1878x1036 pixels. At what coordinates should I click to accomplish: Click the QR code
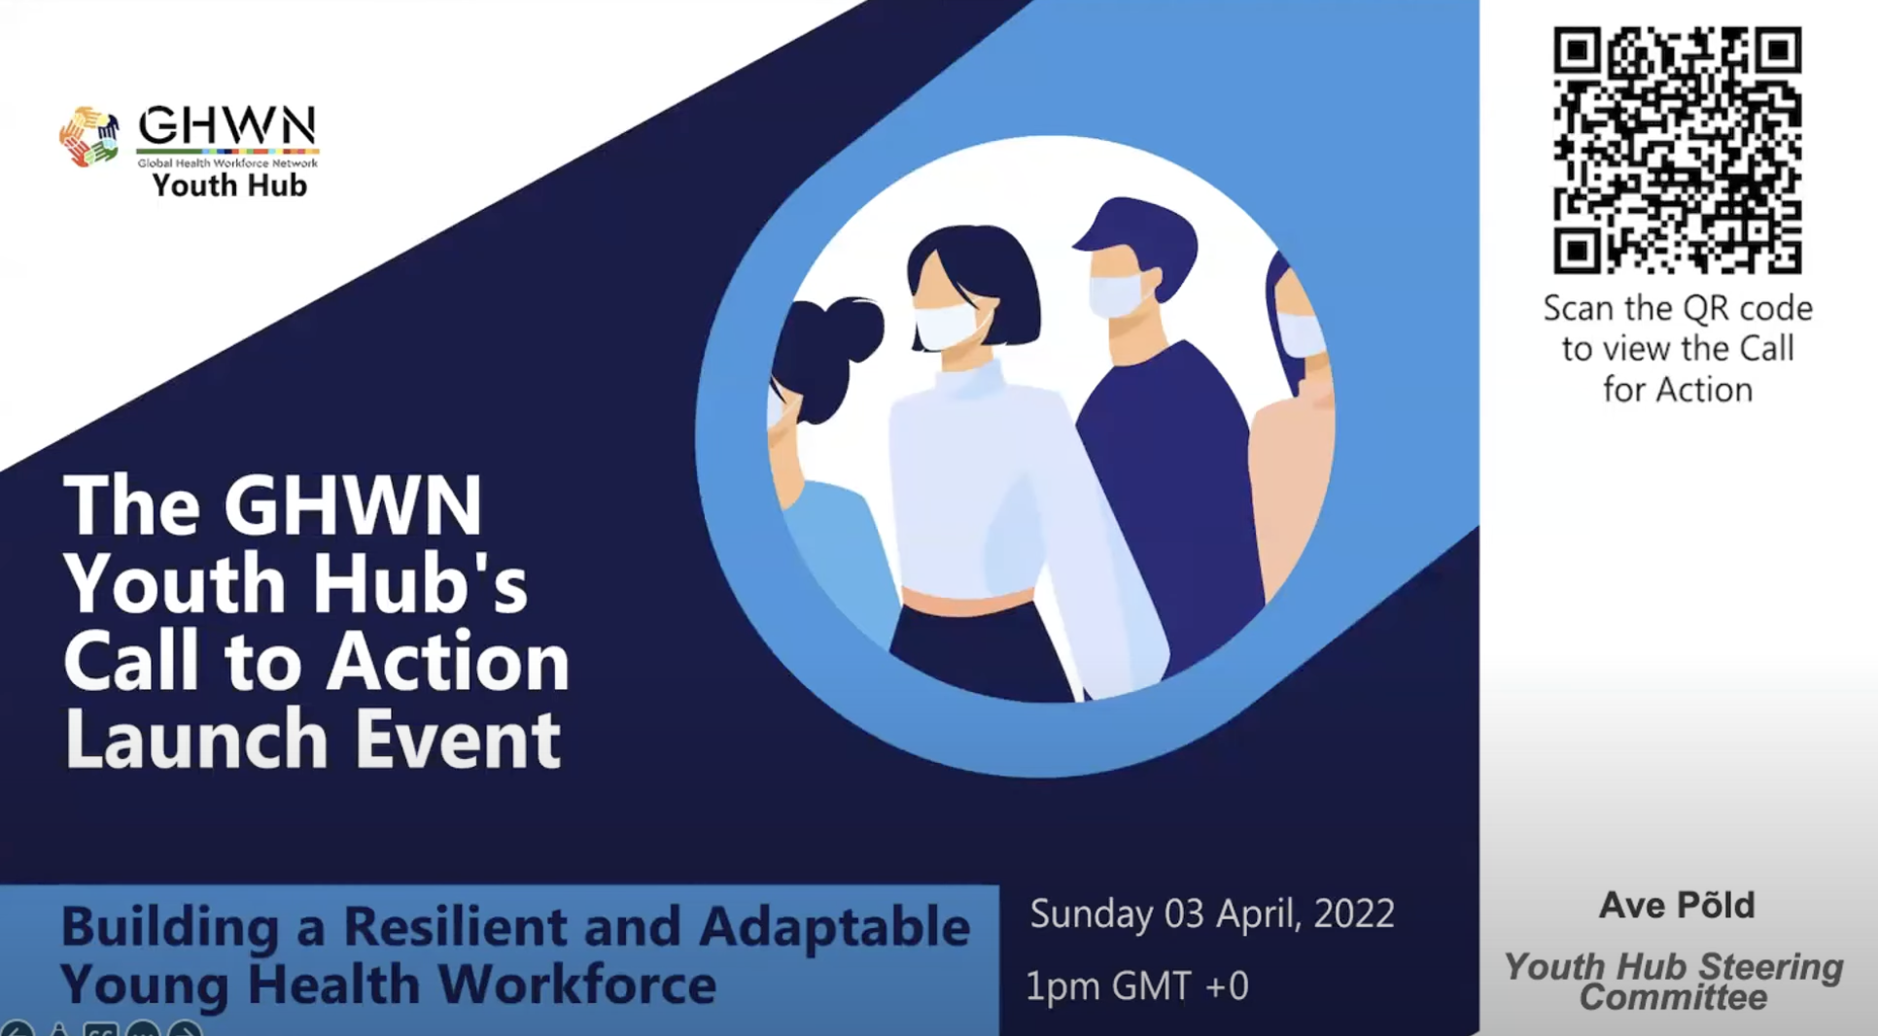point(1677,150)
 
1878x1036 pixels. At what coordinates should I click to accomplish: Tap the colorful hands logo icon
point(89,136)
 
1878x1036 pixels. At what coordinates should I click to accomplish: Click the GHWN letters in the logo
point(227,125)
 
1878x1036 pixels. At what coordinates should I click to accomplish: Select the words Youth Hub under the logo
point(229,185)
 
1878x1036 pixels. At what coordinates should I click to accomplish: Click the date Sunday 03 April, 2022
point(1212,915)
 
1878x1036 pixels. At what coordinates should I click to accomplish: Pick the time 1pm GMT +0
point(1137,986)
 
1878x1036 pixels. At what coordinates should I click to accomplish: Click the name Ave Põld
point(1677,905)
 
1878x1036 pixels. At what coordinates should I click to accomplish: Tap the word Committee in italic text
point(1673,997)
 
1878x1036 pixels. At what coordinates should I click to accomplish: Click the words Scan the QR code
point(1678,308)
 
